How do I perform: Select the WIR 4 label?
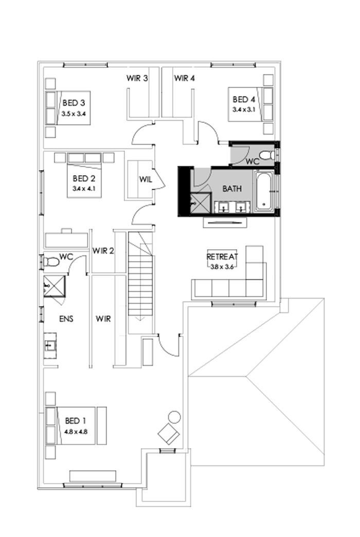(184, 79)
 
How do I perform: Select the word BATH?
(231, 189)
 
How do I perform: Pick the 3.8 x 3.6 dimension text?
(222, 266)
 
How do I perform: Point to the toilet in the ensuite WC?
(51, 262)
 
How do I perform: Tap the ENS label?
(66, 319)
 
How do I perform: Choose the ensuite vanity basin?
(49, 345)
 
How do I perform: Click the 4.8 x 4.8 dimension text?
(76, 432)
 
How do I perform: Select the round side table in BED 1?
(174, 417)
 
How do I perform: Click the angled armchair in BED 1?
(169, 434)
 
